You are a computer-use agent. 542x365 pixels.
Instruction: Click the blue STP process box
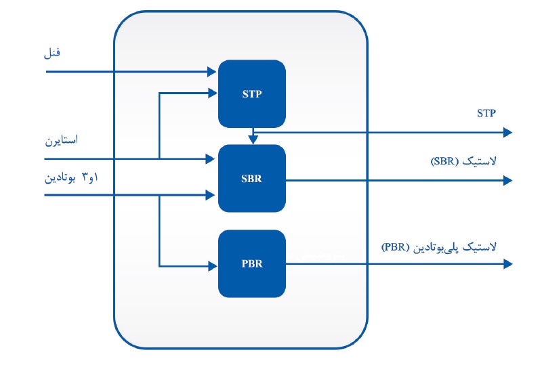(251, 93)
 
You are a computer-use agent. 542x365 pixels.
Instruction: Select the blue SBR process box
(251, 178)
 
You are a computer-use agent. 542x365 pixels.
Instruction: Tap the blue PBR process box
(251, 263)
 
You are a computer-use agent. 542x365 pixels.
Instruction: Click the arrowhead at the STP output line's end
(507, 133)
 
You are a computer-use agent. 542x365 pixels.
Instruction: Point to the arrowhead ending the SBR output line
(507, 180)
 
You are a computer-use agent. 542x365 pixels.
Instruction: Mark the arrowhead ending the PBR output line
(507, 263)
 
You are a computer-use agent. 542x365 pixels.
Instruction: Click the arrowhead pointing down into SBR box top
(252, 140)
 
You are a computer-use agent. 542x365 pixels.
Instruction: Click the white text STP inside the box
(251, 95)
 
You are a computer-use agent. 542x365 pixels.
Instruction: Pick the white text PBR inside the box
(251, 264)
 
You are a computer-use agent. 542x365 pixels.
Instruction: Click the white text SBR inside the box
(251, 180)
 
